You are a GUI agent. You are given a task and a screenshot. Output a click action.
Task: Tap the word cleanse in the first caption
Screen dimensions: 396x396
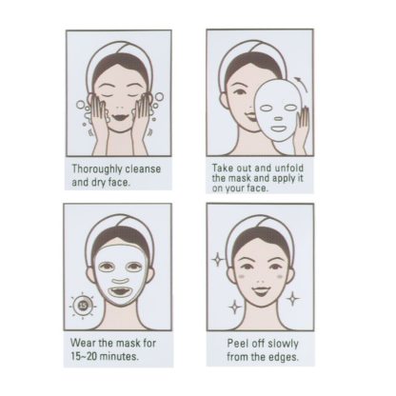click(143, 168)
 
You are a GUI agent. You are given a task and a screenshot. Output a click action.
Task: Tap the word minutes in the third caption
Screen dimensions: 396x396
click(119, 356)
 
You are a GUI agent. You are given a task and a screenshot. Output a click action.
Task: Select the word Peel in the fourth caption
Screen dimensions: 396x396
click(237, 344)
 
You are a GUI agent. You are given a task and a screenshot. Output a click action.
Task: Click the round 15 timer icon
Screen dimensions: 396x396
click(83, 306)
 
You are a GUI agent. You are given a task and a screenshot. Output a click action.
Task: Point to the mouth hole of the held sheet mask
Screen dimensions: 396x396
click(278, 129)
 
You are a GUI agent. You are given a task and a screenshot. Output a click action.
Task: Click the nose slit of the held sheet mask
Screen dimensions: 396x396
click(278, 119)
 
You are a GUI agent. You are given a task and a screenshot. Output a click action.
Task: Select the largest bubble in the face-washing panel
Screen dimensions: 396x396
click(159, 96)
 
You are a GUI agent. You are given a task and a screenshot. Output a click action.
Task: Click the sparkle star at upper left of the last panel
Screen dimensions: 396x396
click(218, 260)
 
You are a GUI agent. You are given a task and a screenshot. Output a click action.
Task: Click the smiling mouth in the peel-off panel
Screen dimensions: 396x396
click(262, 290)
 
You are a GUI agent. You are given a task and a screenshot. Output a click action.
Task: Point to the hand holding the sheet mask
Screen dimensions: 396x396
click(302, 130)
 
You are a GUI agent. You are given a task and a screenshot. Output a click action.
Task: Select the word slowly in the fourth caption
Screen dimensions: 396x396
click(283, 344)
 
